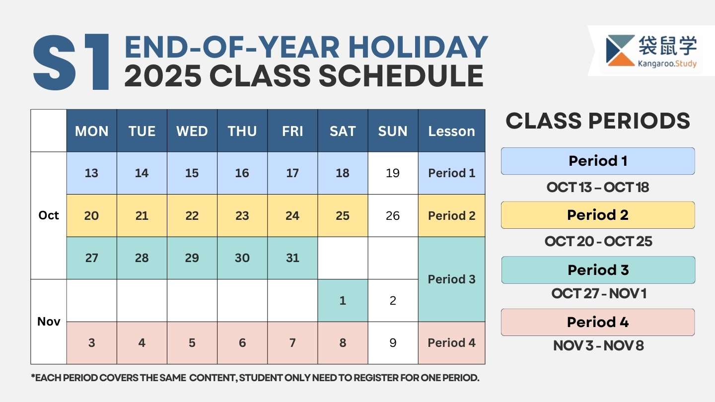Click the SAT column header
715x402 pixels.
(x=343, y=131)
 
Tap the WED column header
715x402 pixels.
(x=192, y=131)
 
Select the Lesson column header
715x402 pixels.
(x=452, y=131)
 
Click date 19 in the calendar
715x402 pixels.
(x=393, y=173)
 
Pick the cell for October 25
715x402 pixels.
(x=343, y=216)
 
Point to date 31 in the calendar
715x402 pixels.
(x=292, y=258)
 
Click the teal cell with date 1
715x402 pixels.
(x=343, y=301)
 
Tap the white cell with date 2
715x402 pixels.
(x=393, y=301)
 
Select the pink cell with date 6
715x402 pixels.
(x=242, y=343)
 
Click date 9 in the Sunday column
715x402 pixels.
(x=393, y=343)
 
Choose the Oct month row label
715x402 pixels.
(x=49, y=215)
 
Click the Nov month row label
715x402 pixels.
(x=49, y=322)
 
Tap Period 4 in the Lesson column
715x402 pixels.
(x=452, y=343)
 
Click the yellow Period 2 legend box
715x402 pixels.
(x=598, y=215)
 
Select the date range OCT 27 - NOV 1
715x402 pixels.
(x=599, y=293)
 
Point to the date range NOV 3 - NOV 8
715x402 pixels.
(x=598, y=345)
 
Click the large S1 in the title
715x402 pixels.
(x=71, y=62)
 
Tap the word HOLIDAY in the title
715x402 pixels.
(x=418, y=47)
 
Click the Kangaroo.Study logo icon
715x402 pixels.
(x=620, y=51)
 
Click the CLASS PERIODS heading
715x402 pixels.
(x=598, y=121)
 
